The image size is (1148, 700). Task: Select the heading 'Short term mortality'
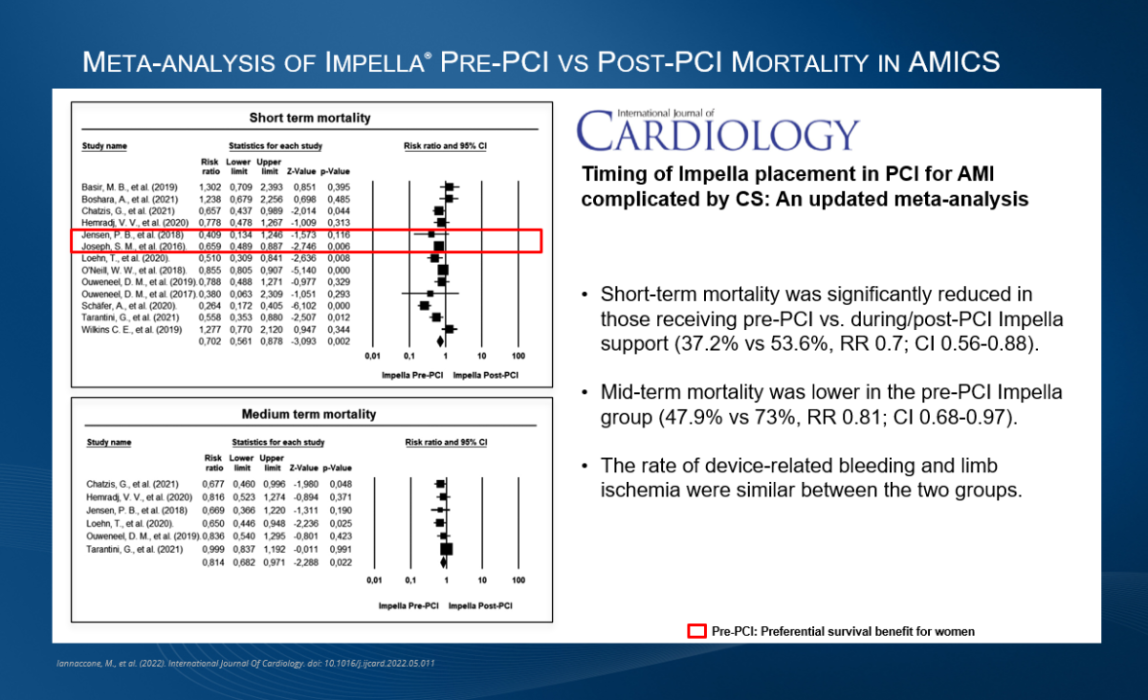coord(310,119)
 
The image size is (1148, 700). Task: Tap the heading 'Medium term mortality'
coord(310,414)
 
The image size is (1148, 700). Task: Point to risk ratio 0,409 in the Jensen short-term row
coord(210,233)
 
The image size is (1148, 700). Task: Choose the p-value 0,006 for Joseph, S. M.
coord(338,246)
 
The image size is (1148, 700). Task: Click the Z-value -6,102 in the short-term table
coord(306,305)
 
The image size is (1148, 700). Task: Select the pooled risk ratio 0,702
coord(210,341)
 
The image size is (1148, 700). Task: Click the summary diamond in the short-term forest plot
coord(440,340)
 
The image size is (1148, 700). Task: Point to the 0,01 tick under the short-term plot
coord(373,357)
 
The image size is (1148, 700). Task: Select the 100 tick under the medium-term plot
coord(518,580)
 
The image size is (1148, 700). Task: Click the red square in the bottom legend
coord(697,631)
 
